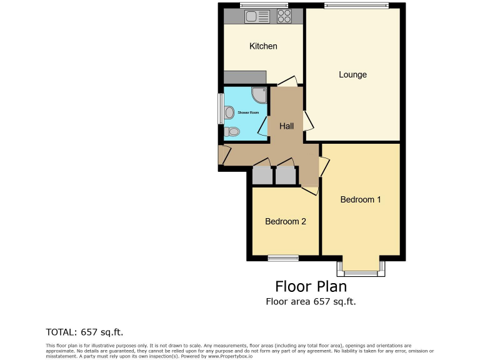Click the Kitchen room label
click(x=263, y=46)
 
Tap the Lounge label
click(x=352, y=75)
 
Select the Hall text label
click(x=286, y=126)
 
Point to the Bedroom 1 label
click(x=361, y=200)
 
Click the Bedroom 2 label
click(x=285, y=221)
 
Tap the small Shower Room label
click(x=247, y=112)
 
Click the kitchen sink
click(x=257, y=16)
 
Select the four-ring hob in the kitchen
click(x=284, y=16)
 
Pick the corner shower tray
click(x=259, y=95)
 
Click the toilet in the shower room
click(x=232, y=132)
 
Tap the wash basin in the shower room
click(x=229, y=112)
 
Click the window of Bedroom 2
click(x=284, y=257)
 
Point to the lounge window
click(x=356, y=6)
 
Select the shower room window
click(x=220, y=109)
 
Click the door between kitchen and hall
click(x=287, y=81)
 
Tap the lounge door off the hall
click(x=308, y=121)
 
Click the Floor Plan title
click(x=311, y=286)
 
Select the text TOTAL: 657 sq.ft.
click(x=89, y=332)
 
